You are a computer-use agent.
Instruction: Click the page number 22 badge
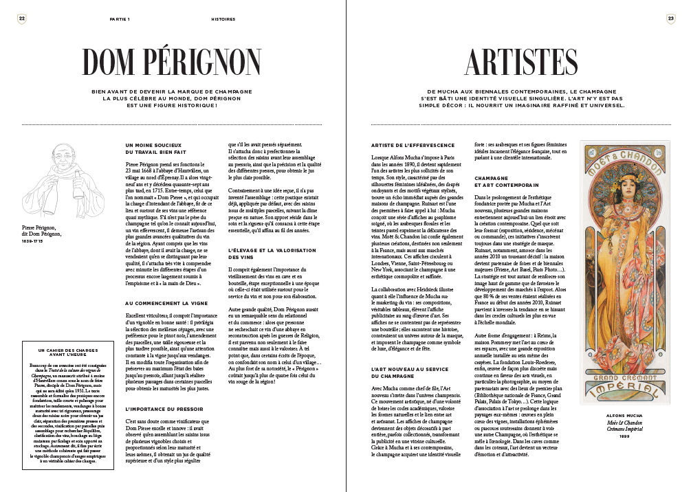tap(22, 19)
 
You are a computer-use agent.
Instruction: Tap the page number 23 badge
tap(670, 19)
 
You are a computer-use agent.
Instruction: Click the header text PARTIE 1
tap(120, 19)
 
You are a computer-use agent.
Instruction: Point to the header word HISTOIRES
tap(223, 19)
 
